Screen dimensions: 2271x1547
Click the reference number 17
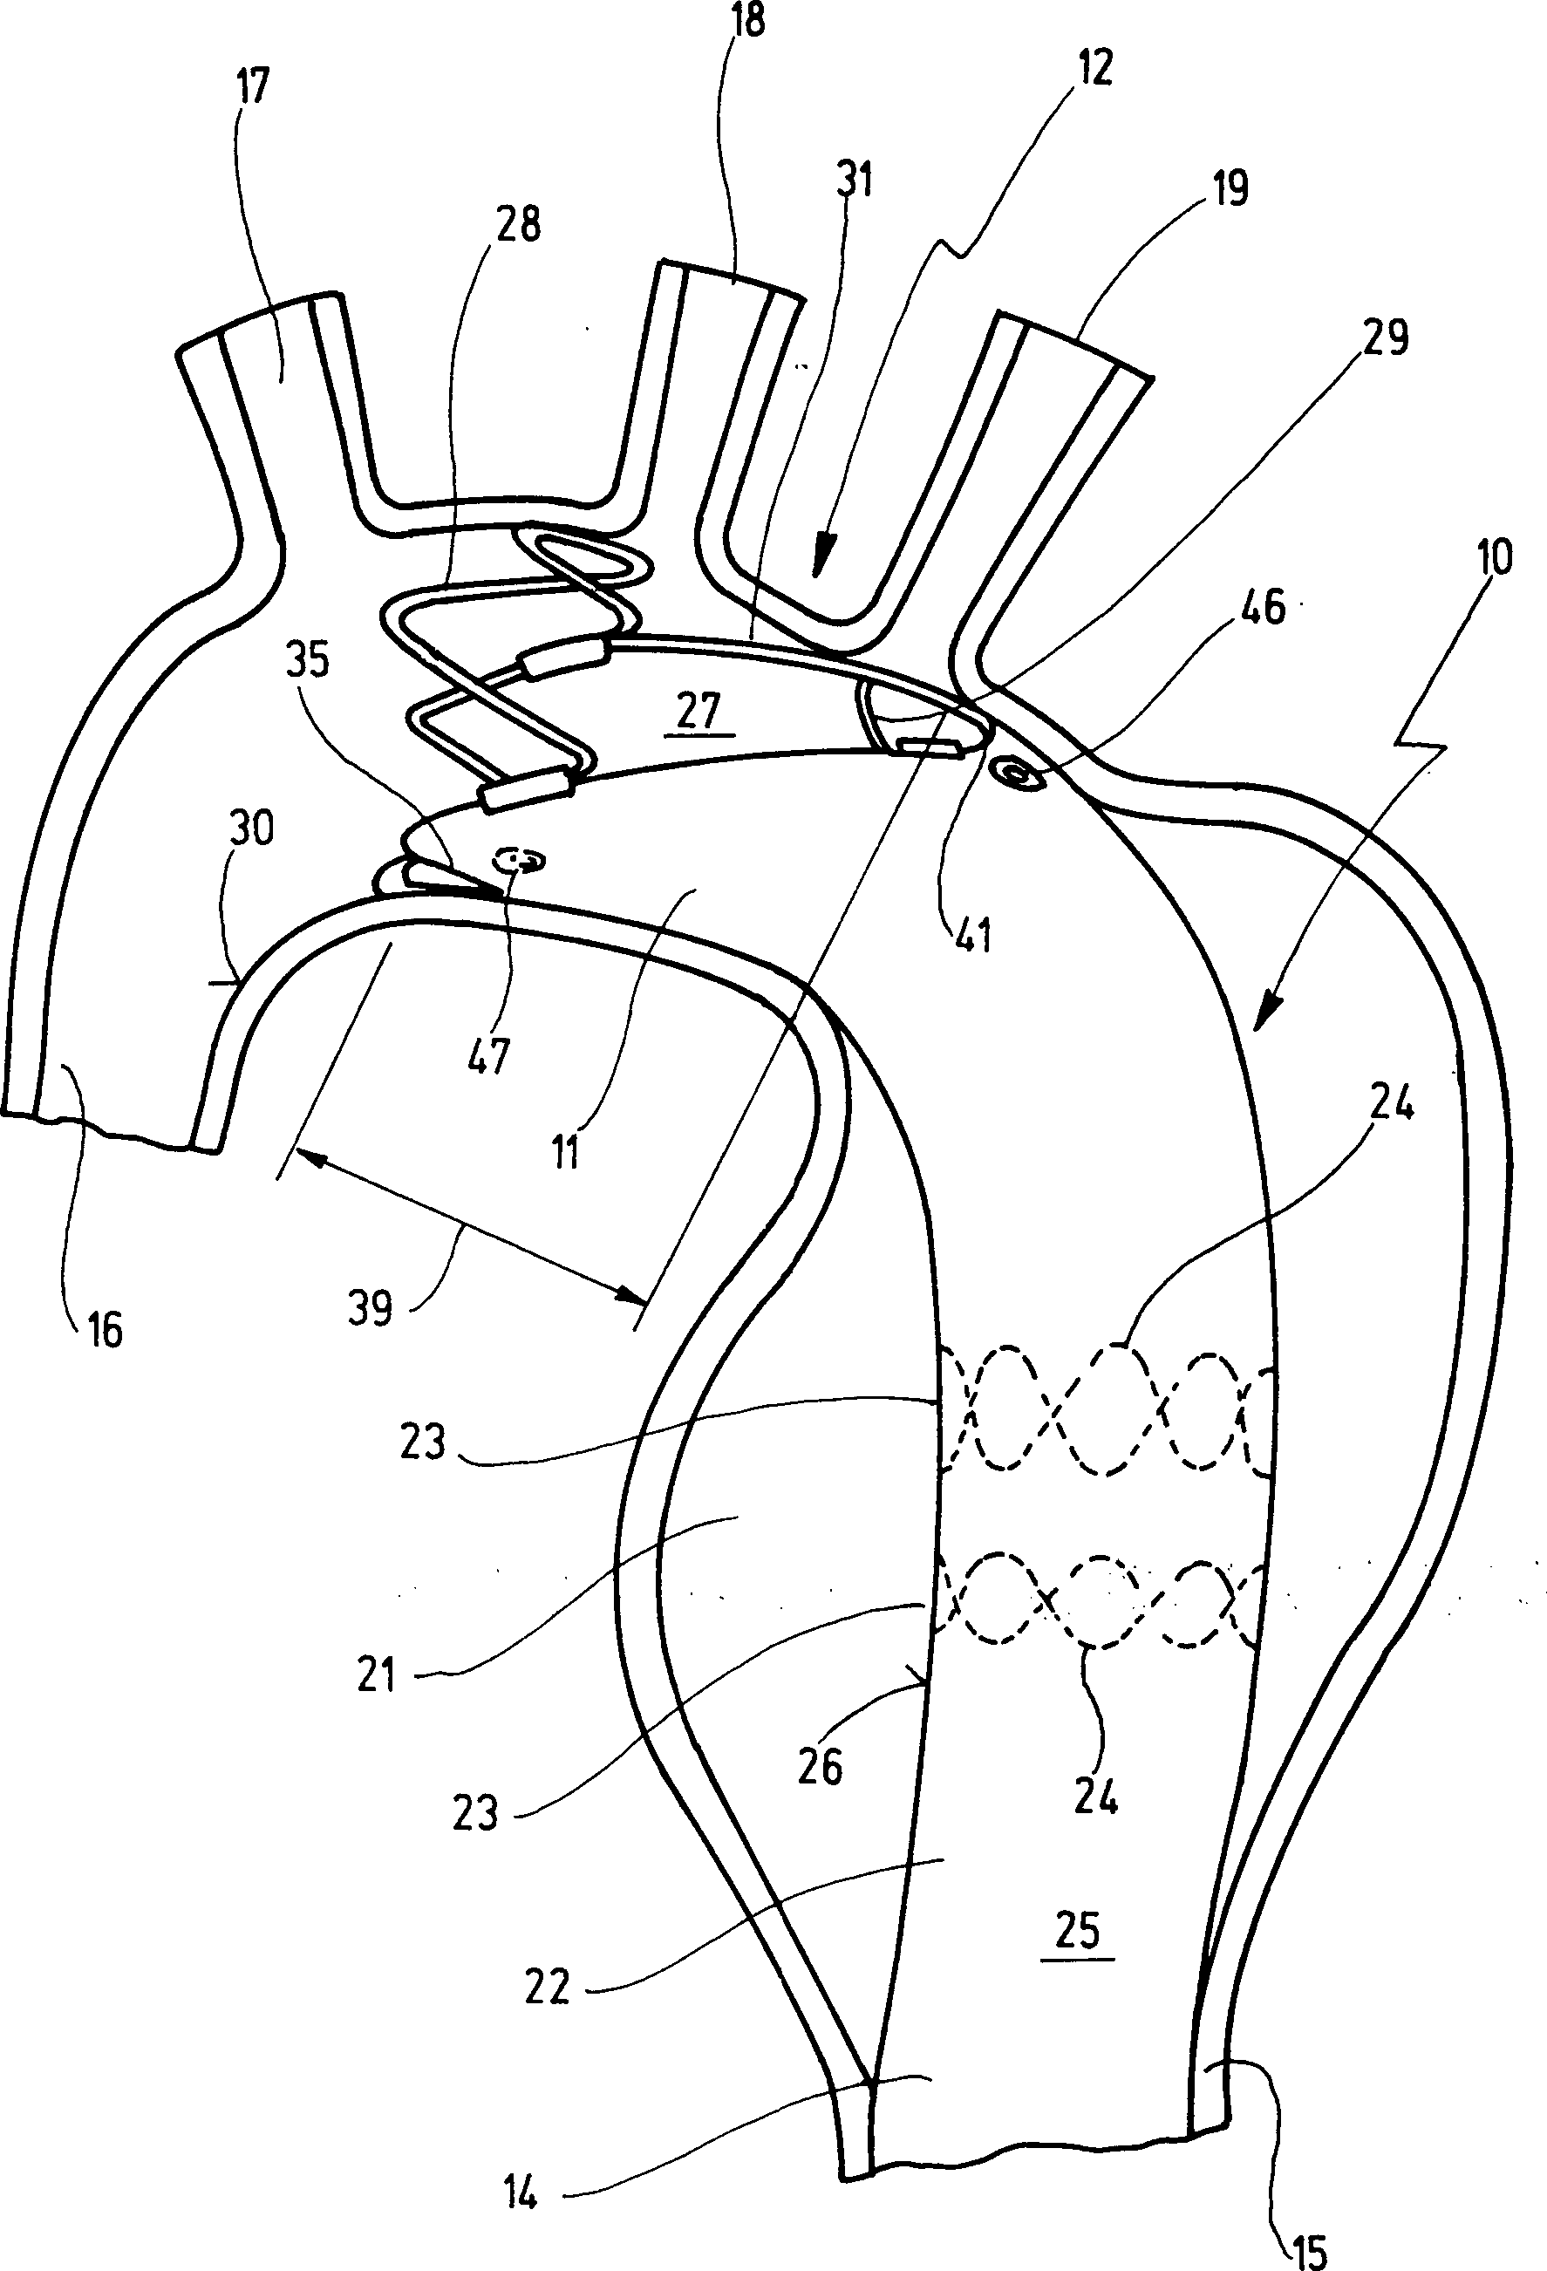[x=251, y=88]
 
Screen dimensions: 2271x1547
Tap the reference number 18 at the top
[x=746, y=19]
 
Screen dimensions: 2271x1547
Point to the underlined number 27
[x=698, y=712]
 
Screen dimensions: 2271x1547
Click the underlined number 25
[x=1078, y=1931]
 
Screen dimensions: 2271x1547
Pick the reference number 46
[x=1262, y=608]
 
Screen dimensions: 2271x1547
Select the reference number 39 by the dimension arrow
[x=371, y=1308]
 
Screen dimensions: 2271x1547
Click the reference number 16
[x=104, y=1331]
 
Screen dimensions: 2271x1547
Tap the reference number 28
[x=518, y=224]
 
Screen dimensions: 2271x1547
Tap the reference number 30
[x=251, y=829]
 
